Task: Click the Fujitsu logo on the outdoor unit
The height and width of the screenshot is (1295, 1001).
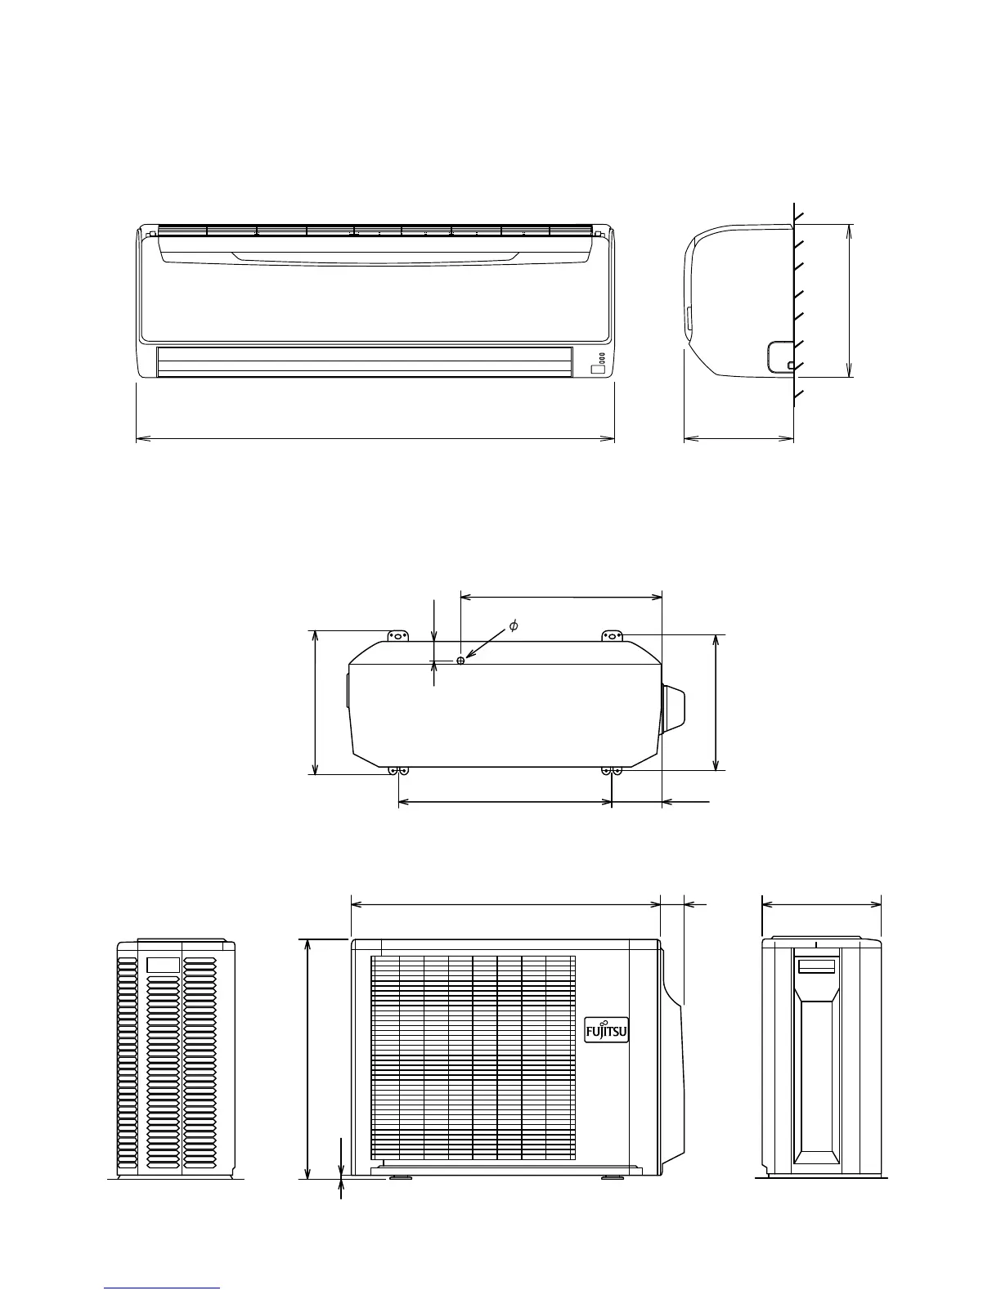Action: click(607, 1031)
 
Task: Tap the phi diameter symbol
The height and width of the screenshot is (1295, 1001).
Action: click(513, 626)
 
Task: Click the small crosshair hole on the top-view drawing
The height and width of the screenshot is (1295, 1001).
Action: click(461, 660)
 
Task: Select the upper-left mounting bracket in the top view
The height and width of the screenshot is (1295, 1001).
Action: click(397, 635)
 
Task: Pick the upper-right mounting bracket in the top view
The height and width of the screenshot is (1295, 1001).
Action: click(613, 635)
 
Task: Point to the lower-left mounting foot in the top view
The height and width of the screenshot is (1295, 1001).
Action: click(398, 771)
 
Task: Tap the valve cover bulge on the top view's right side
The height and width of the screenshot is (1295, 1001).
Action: click(673, 708)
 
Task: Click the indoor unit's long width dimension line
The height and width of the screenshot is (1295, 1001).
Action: click(375, 439)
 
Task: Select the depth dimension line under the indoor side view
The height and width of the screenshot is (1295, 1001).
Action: click(738, 439)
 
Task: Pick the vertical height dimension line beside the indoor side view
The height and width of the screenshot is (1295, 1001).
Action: click(850, 300)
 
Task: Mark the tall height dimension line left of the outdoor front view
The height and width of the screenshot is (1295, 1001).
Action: click(308, 1059)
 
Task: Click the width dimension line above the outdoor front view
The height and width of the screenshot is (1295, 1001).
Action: click(505, 904)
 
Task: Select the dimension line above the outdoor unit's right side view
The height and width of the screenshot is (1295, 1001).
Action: click(821, 904)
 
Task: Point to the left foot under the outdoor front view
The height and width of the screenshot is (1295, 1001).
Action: click(401, 1177)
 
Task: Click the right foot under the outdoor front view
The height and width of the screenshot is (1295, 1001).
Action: click(610, 1177)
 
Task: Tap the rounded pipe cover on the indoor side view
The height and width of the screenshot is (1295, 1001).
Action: click(780, 356)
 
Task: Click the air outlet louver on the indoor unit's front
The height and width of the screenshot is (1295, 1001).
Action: click(364, 362)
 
